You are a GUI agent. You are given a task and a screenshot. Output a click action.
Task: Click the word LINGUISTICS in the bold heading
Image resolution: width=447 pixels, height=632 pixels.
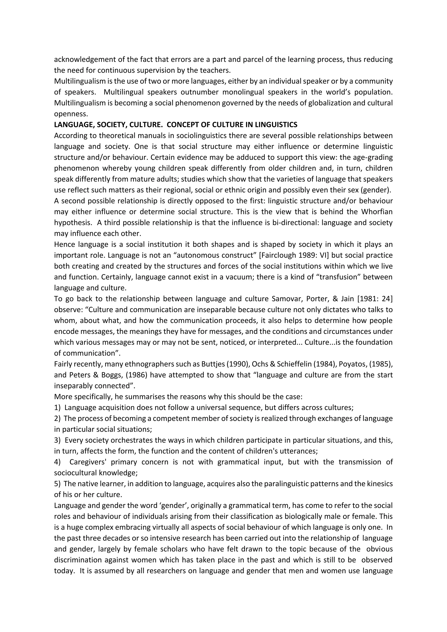coord(276,125)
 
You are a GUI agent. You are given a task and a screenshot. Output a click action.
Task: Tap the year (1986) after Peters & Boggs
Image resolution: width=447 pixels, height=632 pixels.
coord(138,375)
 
